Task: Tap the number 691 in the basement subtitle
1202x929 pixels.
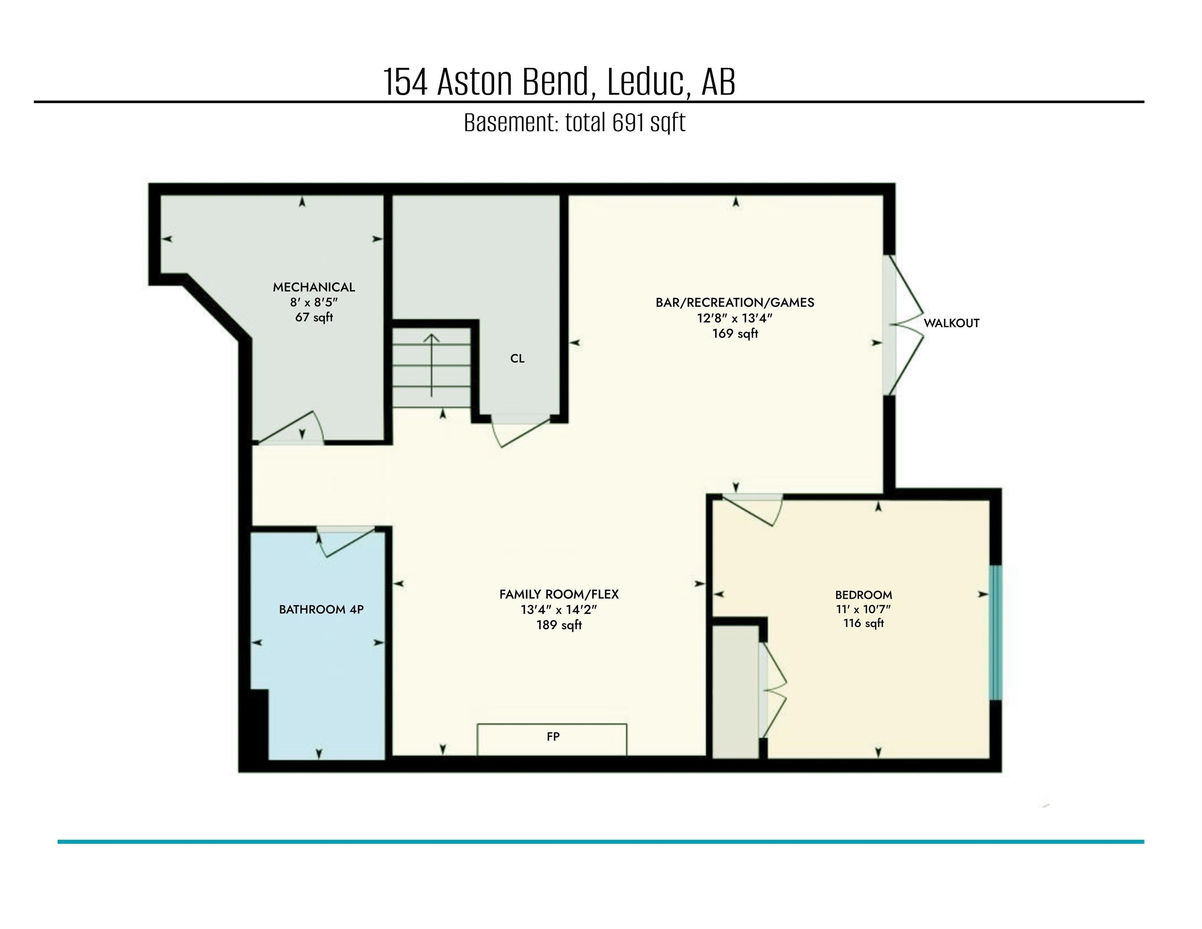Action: point(629,122)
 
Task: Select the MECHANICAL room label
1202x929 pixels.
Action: point(314,287)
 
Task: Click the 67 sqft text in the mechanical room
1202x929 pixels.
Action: point(314,318)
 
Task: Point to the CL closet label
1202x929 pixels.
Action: point(517,359)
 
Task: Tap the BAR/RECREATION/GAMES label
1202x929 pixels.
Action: point(735,302)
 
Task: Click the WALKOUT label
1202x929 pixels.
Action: point(951,323)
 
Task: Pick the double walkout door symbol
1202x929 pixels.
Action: point(905,325)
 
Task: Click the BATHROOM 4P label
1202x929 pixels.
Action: point(321,609)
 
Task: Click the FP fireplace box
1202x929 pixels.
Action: point(552,739)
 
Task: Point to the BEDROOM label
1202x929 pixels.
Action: point(863,595)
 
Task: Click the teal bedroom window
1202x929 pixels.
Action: point(996,633)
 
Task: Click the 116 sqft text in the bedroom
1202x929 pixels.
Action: point(863,623)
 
